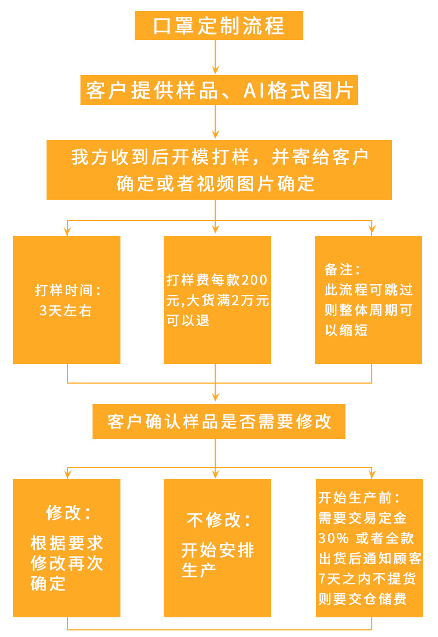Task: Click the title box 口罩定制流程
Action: coord(218,26)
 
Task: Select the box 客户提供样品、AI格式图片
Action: coord(219,90)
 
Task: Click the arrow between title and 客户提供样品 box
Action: coord(216,57)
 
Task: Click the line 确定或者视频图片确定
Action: coord(216,184)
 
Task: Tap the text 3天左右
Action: coord(66,311)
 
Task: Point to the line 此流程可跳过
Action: coord(368,289)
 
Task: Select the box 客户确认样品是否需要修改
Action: coord(219,421)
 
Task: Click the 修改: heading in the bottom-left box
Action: coord(68,513)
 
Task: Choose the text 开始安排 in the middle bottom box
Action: coord(218,549)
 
